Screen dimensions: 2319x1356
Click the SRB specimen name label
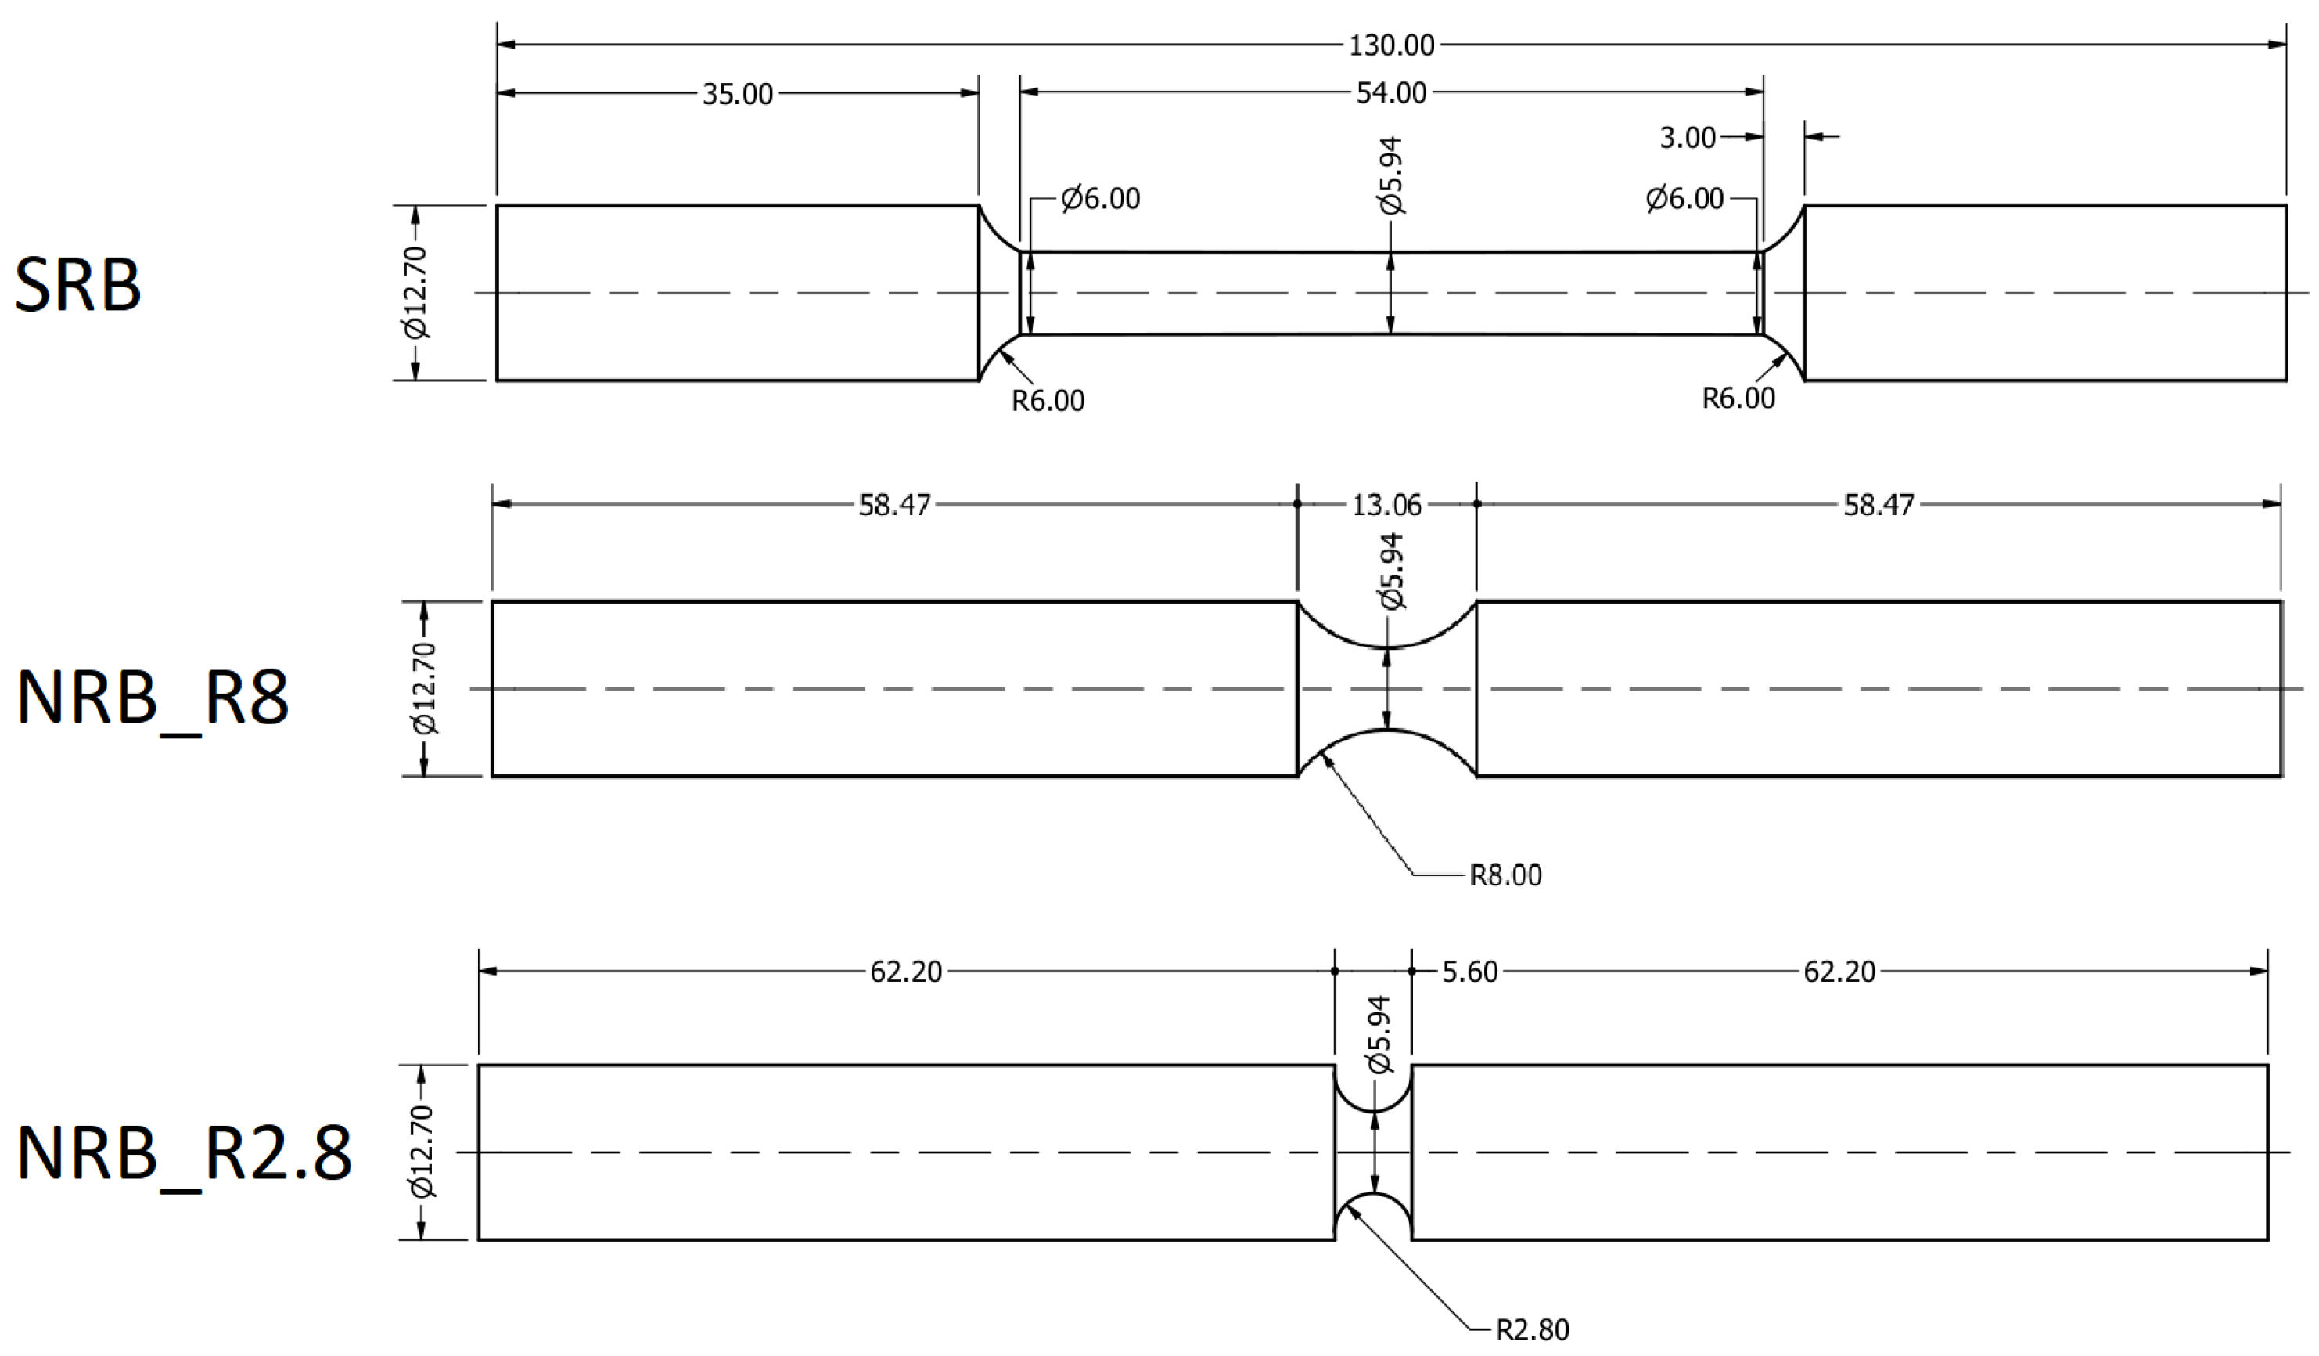click(78, 284)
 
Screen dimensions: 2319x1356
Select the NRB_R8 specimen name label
click(153, 698)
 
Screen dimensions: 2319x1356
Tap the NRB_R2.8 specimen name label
click(184, 1153)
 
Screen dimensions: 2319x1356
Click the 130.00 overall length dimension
click(1391, 45)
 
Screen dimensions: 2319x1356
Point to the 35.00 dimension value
click(737, 94)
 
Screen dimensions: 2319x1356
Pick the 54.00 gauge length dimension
click(1391, 93)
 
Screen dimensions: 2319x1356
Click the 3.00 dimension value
click(1688, 138)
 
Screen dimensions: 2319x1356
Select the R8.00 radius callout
click(1505, 875)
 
